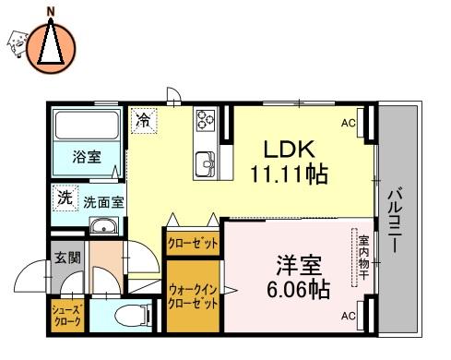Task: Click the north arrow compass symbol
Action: pyautogui.click(x=51, y=48)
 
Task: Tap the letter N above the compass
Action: pyautogui.click(x=51, y=12)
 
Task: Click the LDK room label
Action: pyautogui.click(x=290, y=150)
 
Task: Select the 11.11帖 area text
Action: pyautogui.click(x=290, y=174)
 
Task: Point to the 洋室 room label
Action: pyautogui.click(x=299, y=265)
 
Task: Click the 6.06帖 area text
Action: pyautogui.click(x=298, y=290)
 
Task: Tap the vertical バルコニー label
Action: pyautogui.click(x=395, y=219)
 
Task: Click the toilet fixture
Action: pyautogui.click(x=133, y=316)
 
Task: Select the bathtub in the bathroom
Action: pyautogui.click(x=87, y=126)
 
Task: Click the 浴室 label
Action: pyautogui.click(x=87, y=157)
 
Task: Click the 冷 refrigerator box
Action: pyautogui.click(x=144, y=121)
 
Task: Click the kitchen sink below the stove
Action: pyautogui.click(x=206, y=163)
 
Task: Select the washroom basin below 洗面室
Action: pyautogui.click(x=104, y=226)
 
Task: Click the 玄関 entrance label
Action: pyautogui.click(x=67, y=258)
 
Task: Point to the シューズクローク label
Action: pyautogui.click(x=67, y=316)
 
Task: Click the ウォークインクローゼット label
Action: pyautogui.click(x=193, y=297)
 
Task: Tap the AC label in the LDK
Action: pyautogui.click(x=349, y=123)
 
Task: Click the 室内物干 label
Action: pyautogui.click(x=363, y=258)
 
